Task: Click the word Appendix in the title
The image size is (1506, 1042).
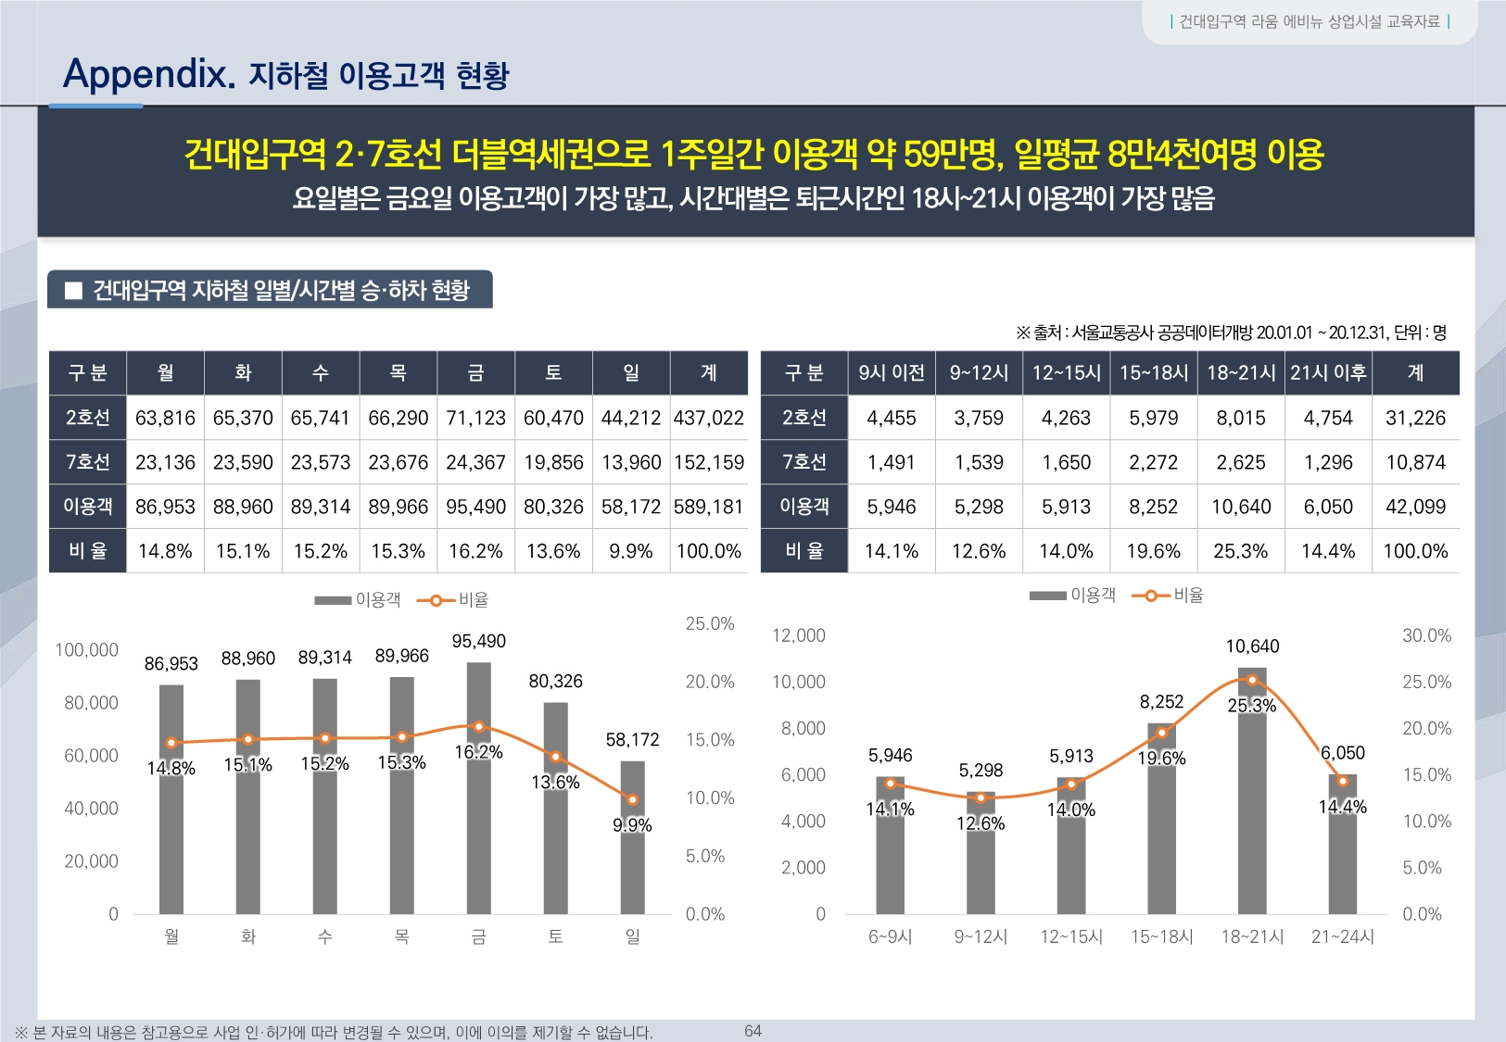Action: tap(148, 73)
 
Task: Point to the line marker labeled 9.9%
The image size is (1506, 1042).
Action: tap(632, 799)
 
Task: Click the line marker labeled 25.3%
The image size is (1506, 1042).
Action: tap(1252, 680)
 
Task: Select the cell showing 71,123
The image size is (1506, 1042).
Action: tap(475, 418)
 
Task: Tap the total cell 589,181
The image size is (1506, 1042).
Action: tap(708, 507)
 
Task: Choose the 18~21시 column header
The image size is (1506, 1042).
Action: tap(1241, 372)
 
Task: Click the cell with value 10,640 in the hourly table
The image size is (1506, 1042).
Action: tap(1241, 507)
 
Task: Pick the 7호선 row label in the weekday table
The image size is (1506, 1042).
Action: tap(88, 462)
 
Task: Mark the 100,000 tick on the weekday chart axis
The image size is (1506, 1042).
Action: tap(87, 650)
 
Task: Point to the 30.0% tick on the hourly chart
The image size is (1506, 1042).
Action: tap(1426, 635)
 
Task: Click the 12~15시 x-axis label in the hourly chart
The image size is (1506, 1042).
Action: tap(1071, 936)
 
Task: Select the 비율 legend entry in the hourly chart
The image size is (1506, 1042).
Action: tap(1169, 596)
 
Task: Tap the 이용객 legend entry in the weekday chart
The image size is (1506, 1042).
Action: tap(358, 600)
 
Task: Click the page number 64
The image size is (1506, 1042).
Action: tap(753, 1031)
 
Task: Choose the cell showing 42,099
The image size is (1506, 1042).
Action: tap(1415, 507)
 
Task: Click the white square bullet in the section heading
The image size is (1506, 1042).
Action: tap(74, 291)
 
